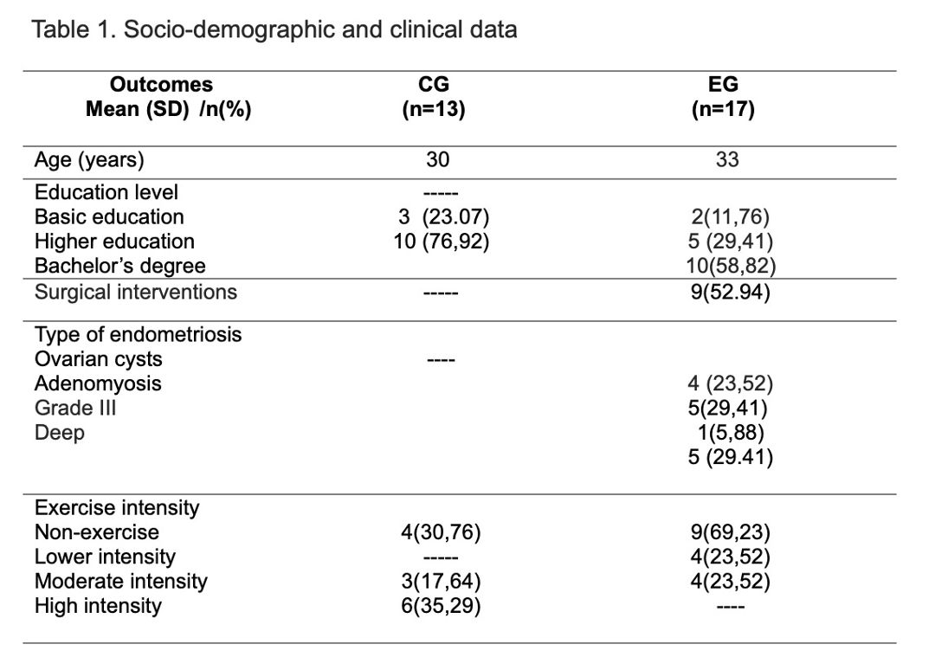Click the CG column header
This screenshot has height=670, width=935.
tap(434, 84)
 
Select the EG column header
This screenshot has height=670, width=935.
tap(723, 84)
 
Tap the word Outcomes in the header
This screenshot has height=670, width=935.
tap(161, 84)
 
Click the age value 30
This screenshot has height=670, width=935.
tap(438, 160)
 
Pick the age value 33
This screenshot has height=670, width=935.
tap(727, 160)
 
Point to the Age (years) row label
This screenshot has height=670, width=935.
tap(89, 160)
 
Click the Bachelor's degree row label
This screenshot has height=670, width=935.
tap(119, 266)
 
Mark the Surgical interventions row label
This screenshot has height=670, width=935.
tap(136, 292)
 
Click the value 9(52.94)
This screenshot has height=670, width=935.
tap(731, 292)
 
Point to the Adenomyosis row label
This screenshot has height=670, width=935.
tap(98, 383)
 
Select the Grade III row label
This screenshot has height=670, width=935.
tap(75, 408)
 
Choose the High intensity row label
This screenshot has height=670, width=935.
tap(98, 606)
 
